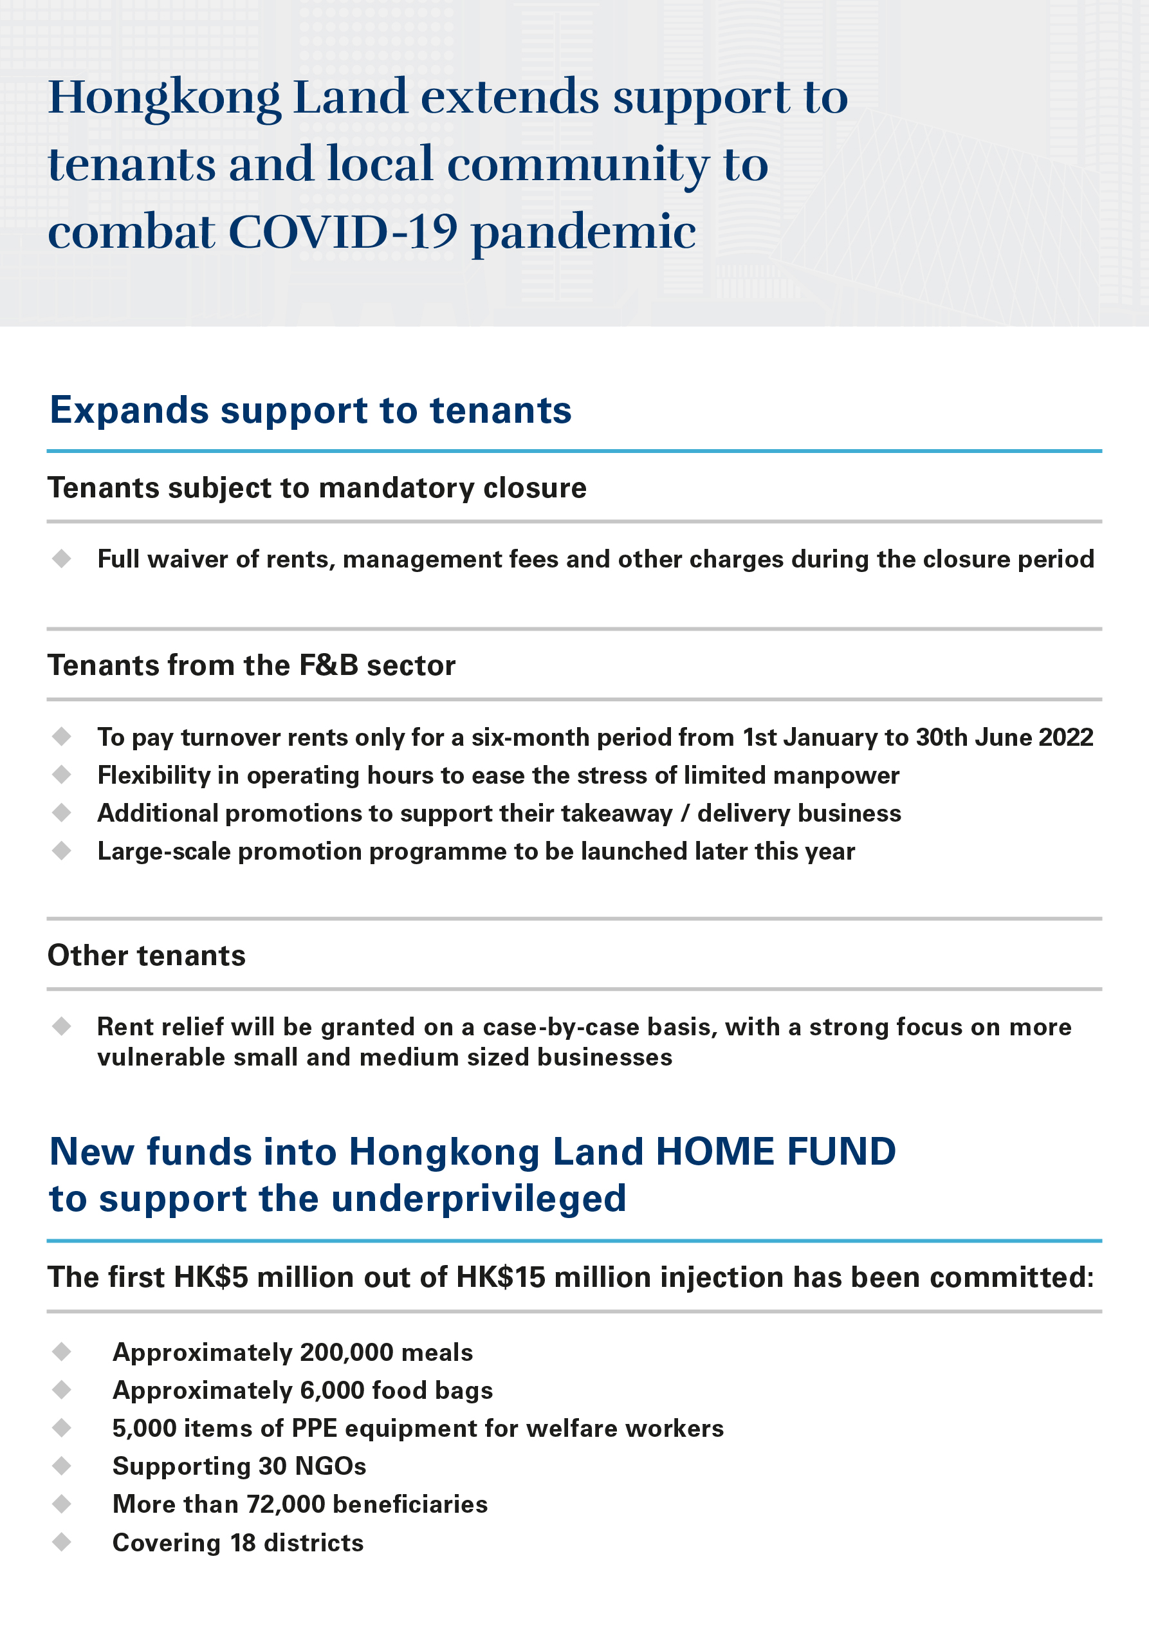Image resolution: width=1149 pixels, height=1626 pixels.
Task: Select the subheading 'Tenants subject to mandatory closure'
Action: (x=317, y=488)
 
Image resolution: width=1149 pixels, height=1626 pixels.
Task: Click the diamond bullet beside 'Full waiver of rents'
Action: (x=62, y=559)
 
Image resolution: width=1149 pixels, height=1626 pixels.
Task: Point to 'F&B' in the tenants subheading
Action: (x=329, y=666)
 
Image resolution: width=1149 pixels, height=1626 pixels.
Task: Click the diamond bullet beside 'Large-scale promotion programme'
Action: (x=62, y=851)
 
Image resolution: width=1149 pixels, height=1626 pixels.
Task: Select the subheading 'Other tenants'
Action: (x=147, y=956)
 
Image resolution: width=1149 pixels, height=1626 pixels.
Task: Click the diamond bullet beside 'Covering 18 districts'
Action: (x=62, y=1542)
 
